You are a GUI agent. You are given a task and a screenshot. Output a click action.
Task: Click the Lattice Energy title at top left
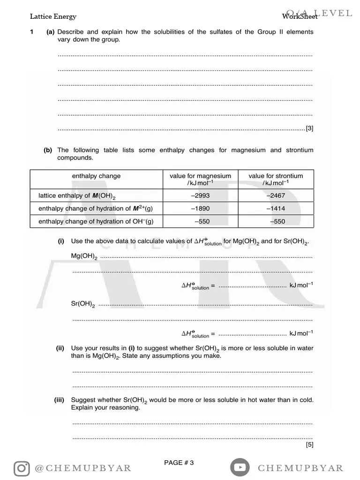point(53,17)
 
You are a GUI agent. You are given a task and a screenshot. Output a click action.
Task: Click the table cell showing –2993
point(200,195)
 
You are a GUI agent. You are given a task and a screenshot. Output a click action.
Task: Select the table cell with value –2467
point(276,195)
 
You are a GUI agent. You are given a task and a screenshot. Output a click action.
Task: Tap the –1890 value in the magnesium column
point(200,209)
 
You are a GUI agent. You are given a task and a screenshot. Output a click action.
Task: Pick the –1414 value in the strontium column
point(276,209)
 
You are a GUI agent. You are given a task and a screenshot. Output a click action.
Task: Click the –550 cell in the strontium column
point(277,221)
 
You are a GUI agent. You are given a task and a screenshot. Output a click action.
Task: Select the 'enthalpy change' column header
point(96,176)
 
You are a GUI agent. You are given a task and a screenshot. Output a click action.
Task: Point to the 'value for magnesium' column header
point(200,179)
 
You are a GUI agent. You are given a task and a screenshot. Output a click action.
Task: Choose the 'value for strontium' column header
point(276,179)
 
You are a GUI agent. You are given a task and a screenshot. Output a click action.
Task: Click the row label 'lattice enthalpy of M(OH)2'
point(77,196)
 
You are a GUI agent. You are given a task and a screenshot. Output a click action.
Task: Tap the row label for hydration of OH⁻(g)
point(96,221)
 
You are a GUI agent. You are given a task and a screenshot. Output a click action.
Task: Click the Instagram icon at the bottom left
point(22,468)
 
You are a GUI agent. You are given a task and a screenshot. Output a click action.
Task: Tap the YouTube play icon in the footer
point(240,467)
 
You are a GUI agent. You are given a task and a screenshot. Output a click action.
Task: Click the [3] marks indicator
point(309,128)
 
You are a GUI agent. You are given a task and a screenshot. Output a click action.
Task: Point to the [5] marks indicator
point(309,444)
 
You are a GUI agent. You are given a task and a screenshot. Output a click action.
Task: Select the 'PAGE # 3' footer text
point(179,463)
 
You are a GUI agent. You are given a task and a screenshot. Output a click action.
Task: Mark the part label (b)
point(48,150)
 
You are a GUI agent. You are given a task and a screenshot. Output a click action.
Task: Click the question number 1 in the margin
point(31,32)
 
